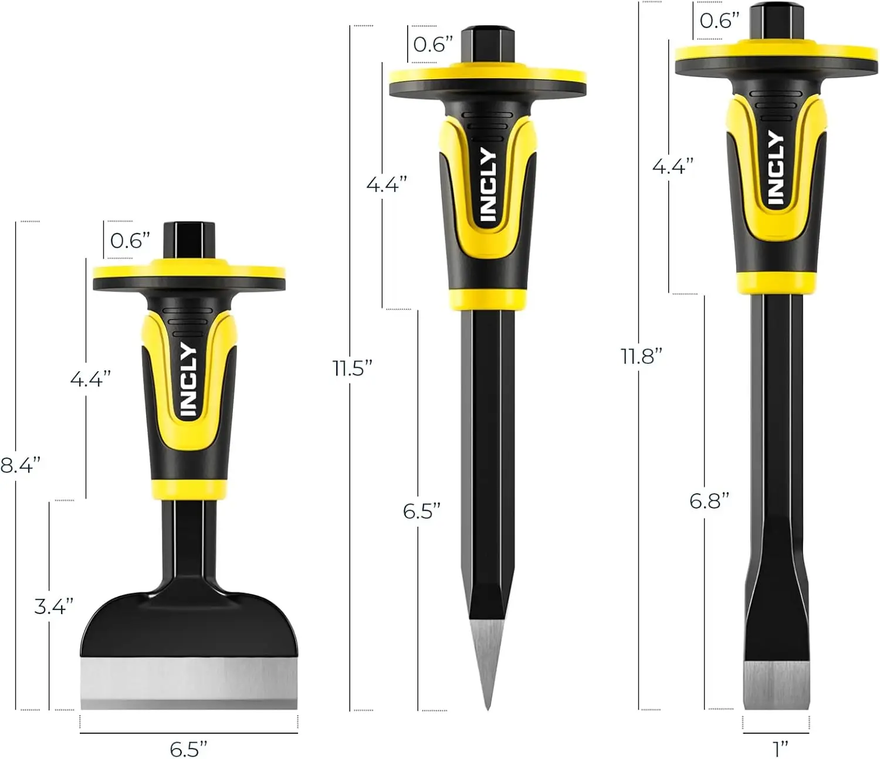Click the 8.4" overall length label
(20, 465)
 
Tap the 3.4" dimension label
(53, 606)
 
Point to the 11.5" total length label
(353, 368)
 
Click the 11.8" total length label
(642, 356)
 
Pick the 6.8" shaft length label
(709, 500)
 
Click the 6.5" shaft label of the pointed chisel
(421, 511)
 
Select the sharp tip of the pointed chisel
(488, 710)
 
